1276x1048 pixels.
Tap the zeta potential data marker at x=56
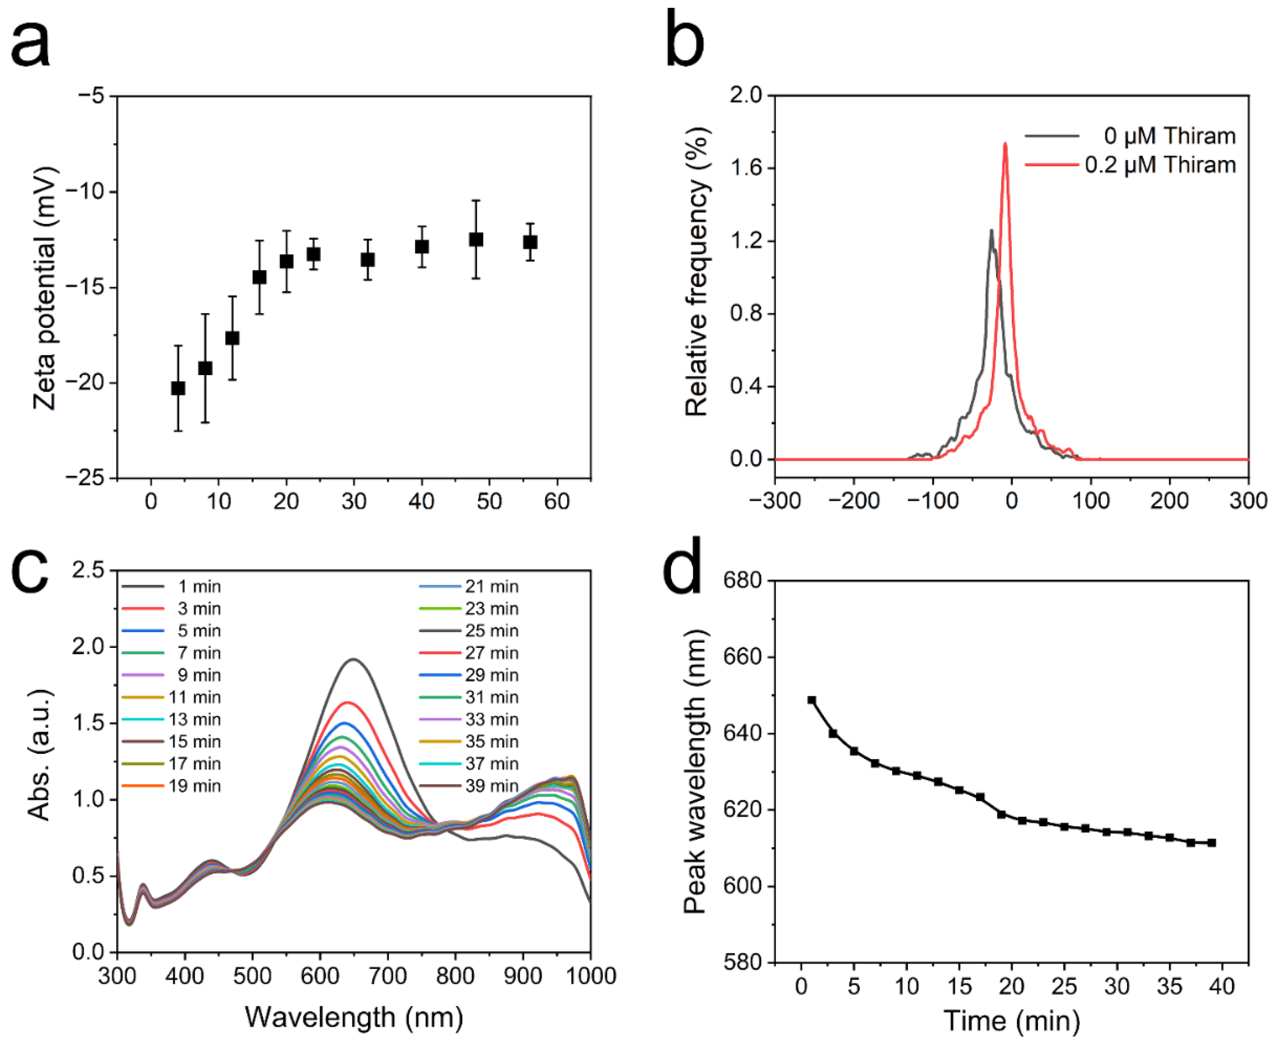point(530,242)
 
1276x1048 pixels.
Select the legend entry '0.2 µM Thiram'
point(1160,165)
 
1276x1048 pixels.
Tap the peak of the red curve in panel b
point(1005,144)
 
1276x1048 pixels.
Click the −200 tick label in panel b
point(854,501)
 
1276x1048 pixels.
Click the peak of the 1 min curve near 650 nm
point(354,659)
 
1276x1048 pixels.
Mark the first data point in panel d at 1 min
point(812,700)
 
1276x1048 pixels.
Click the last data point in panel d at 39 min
point(1211,843)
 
